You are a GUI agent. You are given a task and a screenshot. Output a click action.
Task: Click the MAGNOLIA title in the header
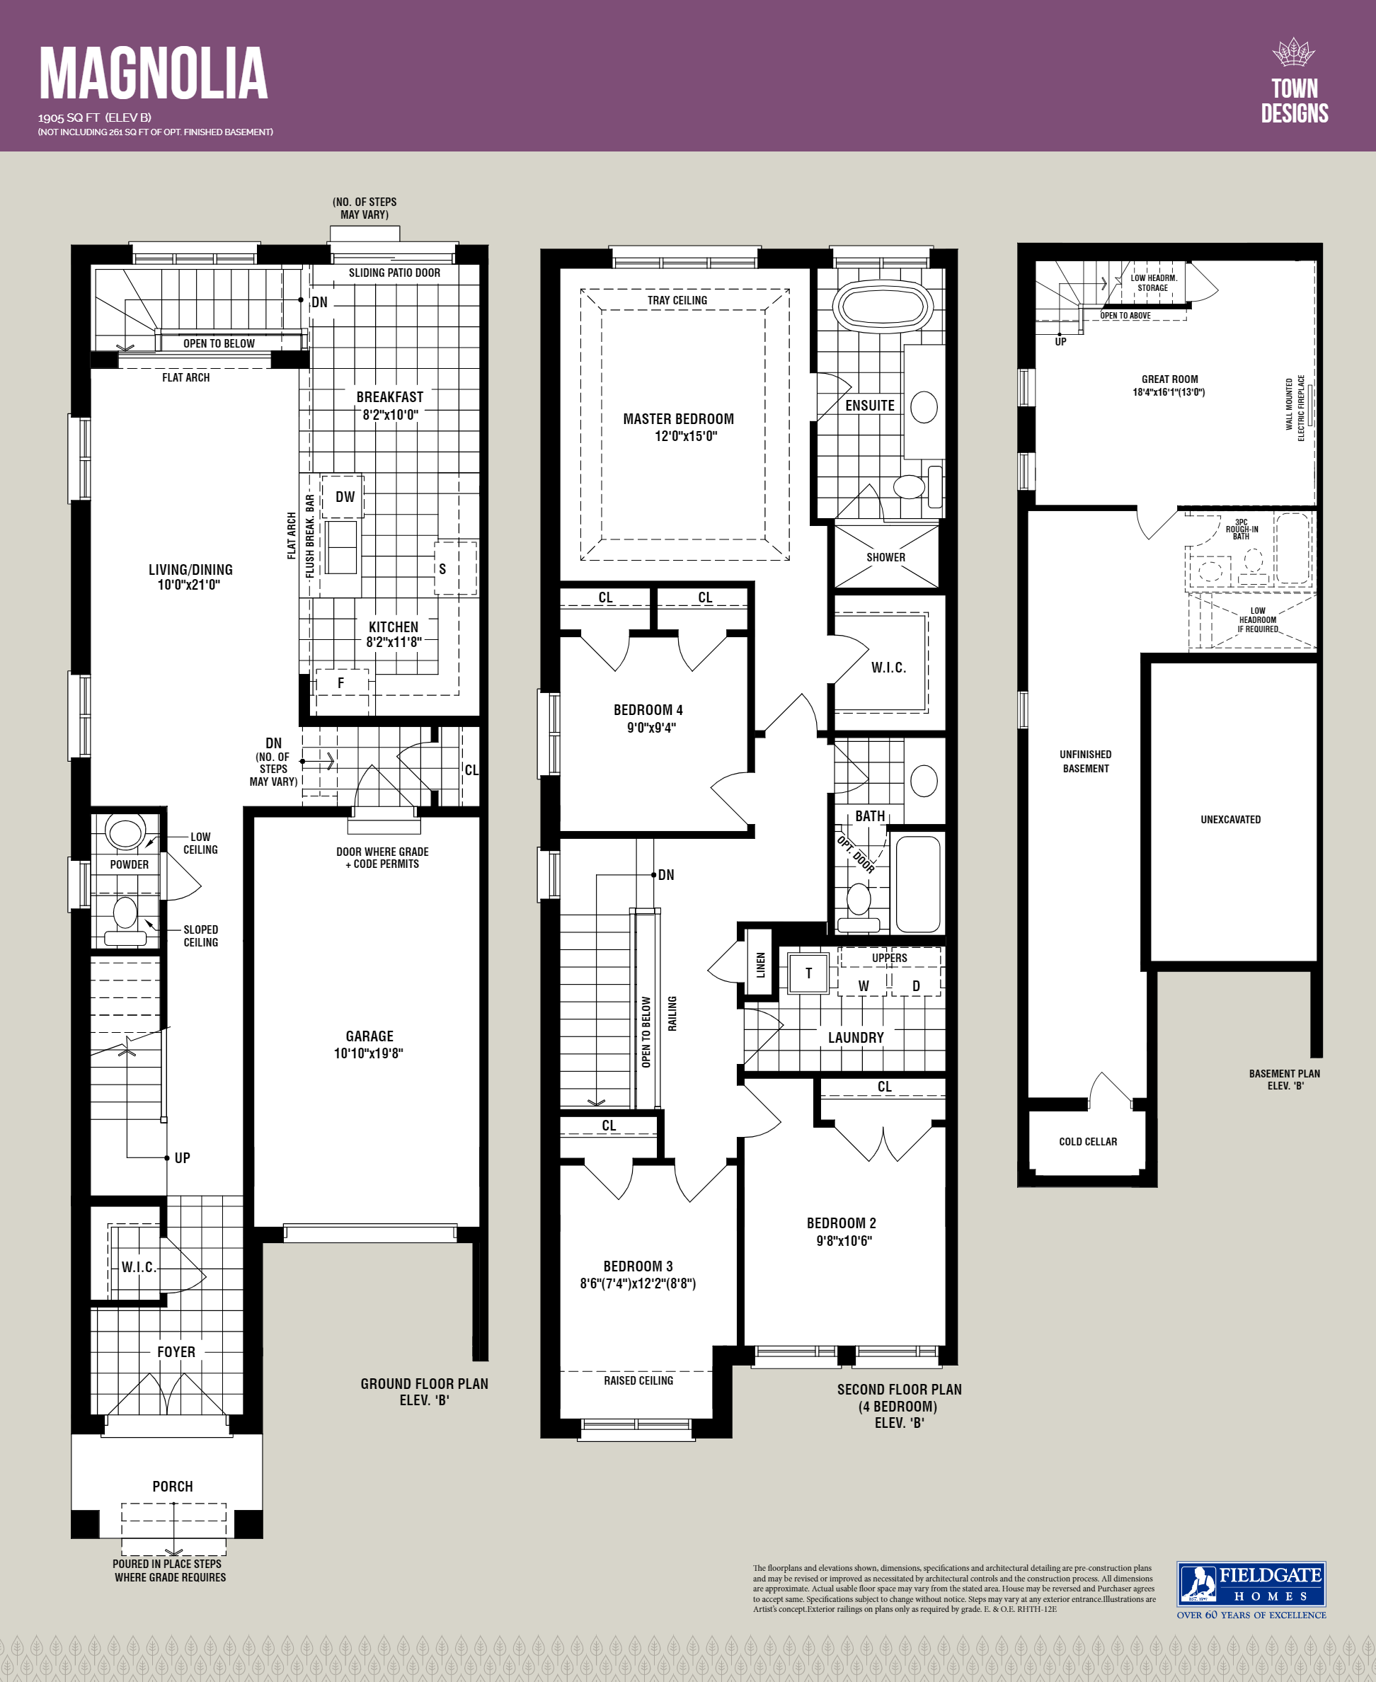click(153, 73)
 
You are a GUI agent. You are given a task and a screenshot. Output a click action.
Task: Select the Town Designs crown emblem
click(1294, 52)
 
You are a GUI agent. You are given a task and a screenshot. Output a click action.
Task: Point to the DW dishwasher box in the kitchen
click(344, 497)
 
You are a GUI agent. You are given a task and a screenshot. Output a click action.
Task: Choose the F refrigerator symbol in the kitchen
click(341, 682)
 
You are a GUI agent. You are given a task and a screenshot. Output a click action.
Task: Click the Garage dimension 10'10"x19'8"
click(369, 1053)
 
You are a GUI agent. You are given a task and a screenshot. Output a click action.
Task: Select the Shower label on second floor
click(885, 557)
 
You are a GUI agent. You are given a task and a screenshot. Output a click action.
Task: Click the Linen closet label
click(760, 965)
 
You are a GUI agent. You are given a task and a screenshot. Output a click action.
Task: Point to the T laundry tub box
click(808, 973)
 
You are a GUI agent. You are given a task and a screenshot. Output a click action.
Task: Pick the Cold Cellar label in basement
click(1087, 1141)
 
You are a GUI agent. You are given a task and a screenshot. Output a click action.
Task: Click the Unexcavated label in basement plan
click(1230, 820)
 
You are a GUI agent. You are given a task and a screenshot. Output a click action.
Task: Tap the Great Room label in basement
click(1169, 379)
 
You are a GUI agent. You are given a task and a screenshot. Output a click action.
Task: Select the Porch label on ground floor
click(173, 1486)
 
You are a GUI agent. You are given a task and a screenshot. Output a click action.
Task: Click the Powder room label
click(130, 864)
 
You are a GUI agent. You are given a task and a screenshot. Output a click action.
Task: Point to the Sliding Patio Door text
click(394, 273)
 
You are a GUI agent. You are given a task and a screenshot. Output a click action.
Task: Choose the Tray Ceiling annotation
click(677, 300)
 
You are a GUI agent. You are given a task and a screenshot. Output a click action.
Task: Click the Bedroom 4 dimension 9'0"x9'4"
click(650, 728)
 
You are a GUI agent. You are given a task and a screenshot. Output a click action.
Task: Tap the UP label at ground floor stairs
click(183, 1158)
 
